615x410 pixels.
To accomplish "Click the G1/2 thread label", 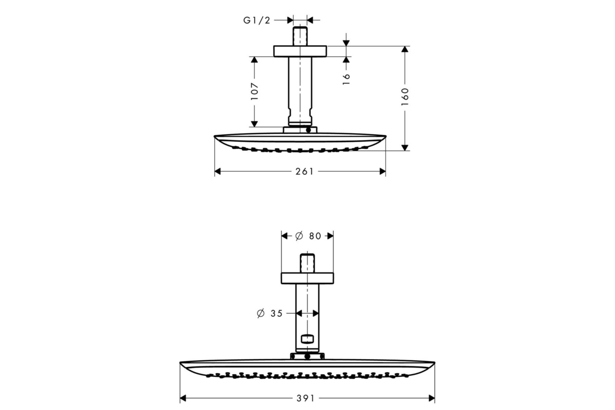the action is click(257, 20).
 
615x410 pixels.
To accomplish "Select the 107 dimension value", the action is click(255, 91).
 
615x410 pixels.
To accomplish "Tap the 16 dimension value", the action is click(346, 79).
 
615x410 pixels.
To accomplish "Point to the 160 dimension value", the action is click(405, 97).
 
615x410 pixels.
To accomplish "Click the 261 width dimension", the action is click(304, 172).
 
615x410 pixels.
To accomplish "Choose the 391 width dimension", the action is click(305, 398).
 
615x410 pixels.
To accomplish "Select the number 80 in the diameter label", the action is click(315, 236).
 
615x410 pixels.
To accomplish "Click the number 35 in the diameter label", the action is click(276, 313).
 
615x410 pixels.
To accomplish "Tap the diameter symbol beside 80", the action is click(299, 236).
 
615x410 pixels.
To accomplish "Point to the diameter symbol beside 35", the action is click(260, 313).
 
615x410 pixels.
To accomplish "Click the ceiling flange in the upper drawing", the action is click(300, 51).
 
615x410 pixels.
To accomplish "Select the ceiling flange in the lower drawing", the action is click(307, 278).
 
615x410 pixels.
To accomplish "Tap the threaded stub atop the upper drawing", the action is click(300, 36).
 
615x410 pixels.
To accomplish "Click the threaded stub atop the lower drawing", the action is click(307, 263).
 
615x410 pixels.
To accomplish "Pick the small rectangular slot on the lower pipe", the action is click(307, 339).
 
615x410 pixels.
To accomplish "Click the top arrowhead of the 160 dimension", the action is click(405, 49).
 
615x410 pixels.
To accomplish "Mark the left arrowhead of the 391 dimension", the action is click(183, 398).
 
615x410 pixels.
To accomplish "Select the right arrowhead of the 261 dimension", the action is click(382, 172).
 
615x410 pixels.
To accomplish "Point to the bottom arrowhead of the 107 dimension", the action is click(255, 124).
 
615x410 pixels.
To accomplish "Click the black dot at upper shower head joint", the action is click(309, 130).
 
